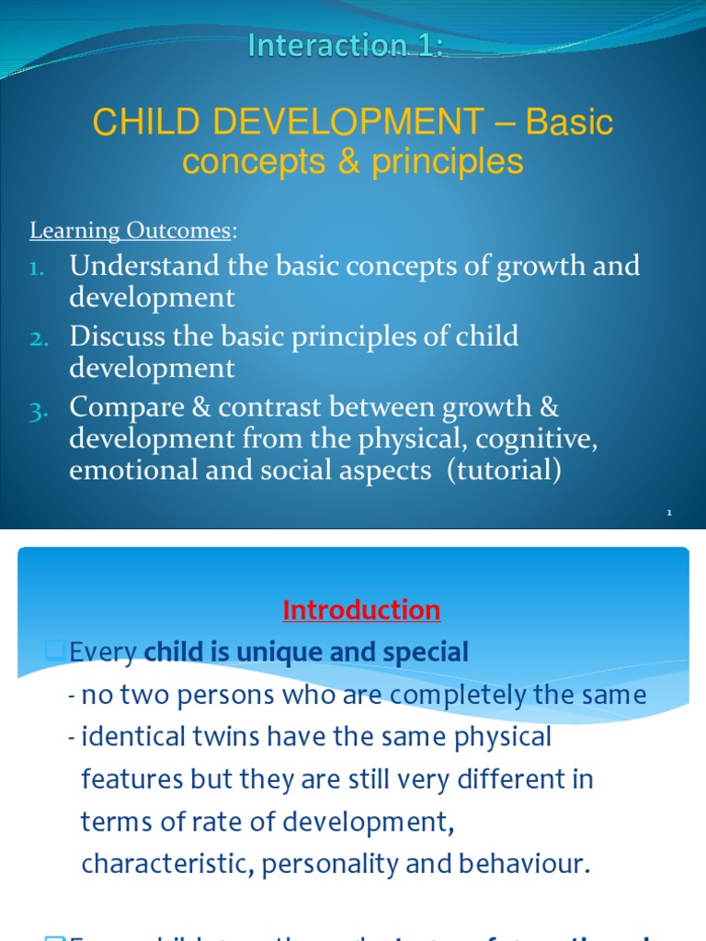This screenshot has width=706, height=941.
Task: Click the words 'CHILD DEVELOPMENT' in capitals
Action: pyautogui.click(x=284, y=121)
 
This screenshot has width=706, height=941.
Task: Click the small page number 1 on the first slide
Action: pyautogui.click(x=669, y=515)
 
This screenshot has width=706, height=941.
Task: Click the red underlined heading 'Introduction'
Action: pyautogui.click(x=361, y=610)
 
